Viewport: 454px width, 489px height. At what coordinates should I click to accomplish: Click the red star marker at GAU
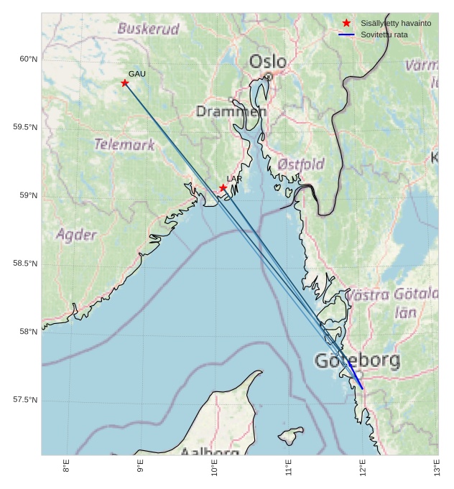coord(125,83)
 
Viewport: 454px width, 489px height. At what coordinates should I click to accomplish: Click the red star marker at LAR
coord(223,188)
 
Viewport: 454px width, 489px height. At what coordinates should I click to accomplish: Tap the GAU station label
coord(137,74)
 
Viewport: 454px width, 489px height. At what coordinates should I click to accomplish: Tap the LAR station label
coord(234,179)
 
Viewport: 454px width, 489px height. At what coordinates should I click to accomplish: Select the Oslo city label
coord(267,62)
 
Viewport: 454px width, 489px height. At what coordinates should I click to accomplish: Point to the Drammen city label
coord(231,112)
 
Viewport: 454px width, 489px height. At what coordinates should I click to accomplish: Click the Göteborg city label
coord(357,361)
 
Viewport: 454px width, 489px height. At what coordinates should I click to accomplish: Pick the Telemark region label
coord(124,144)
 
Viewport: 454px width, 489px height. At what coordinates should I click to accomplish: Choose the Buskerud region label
coord(148,29)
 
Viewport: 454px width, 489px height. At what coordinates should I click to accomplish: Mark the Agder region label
coord(76,235)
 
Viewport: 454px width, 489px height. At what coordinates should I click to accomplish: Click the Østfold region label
coord(301,164)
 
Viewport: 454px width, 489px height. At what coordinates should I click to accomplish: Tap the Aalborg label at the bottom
coord(209,452)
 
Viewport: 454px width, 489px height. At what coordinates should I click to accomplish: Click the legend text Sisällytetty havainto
coord(396,24)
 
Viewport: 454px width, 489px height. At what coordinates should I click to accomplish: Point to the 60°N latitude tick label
coord(28,60)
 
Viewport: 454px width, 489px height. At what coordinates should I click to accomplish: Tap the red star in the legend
coord(346,23)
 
